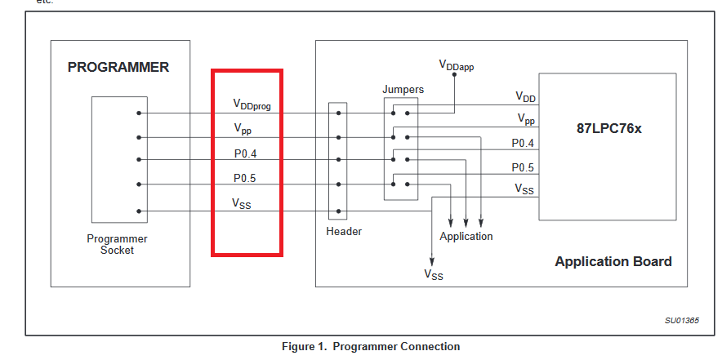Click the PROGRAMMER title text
coord(118,67)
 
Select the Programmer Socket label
coord(118,244)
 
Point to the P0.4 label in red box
coord(246,153)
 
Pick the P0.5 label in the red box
coord(246,178)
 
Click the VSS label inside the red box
coord(243,204)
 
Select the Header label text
coord(343,231)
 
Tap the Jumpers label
coord(403,87)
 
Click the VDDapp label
coord(456,65)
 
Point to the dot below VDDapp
coord(454,82)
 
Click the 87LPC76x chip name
coord(608,129)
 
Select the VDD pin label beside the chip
coord(525,97)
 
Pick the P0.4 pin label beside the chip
coord(524,144)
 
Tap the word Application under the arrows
coord(466,236)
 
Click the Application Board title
coord(613,261)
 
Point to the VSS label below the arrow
coord(433,275)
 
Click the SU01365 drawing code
coord(681,320)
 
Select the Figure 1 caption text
coord(371,347)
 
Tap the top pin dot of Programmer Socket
coord(140,113)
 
